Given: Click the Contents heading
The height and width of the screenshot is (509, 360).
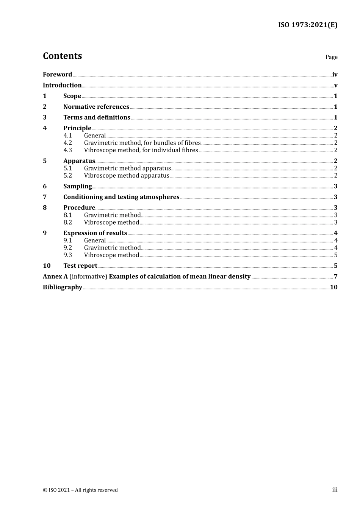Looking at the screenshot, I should click(62, 56).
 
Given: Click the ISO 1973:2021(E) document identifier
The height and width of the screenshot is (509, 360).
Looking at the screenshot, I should click(307, 25).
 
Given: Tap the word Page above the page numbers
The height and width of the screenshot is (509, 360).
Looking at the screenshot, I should click(331, 57).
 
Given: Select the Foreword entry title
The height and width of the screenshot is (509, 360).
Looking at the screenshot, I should click(57, 75).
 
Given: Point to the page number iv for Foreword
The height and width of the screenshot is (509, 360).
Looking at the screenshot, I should click(335, 75).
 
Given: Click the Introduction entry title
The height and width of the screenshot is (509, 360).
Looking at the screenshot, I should click(62, 85).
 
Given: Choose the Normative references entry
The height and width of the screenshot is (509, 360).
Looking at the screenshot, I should click(96, 107).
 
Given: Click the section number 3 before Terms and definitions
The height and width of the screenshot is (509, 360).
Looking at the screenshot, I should click(45, 117).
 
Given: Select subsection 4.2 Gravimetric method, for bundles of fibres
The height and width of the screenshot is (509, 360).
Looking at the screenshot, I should click(142, 143).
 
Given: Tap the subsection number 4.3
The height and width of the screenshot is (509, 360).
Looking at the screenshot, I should click(67, 150).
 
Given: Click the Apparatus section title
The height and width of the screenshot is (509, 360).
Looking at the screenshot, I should click(79, 161).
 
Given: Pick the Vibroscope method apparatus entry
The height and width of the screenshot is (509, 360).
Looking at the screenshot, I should click(127, 175).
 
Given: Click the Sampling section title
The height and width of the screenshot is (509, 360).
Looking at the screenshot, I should click(78, 186).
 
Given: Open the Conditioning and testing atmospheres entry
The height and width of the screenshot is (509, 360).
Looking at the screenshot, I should click(121, 197).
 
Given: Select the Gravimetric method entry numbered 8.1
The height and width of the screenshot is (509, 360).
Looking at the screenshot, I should click(112, 215).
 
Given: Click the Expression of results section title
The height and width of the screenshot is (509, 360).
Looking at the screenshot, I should click(95, 233).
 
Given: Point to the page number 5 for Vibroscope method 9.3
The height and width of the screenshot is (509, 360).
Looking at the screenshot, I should click(336, 255).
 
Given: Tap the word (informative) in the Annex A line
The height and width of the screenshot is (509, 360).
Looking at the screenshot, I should click(88, 276).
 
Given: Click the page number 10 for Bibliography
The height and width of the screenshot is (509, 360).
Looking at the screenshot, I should click(333, 287).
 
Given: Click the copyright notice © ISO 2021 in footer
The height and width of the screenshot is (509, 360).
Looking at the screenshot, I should click(80, 490).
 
